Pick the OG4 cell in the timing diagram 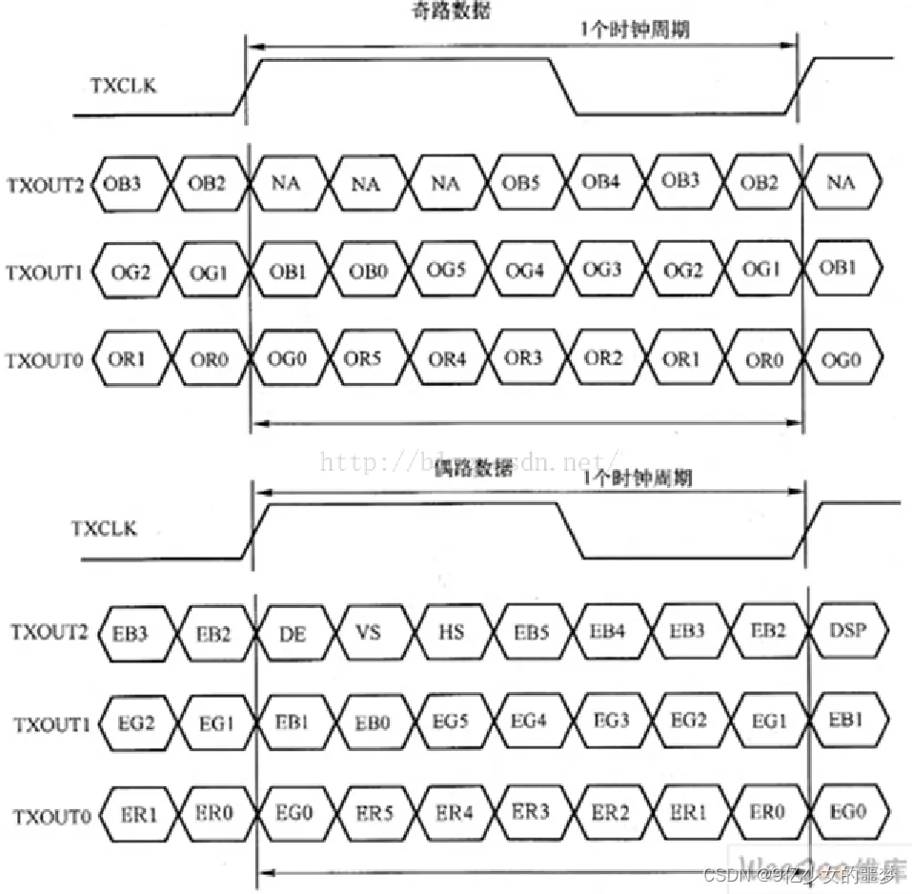(x=524, y=270)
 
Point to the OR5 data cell (x=367, y=360)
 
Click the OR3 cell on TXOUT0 (x=524, y=360)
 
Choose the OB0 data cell (x=367, y=270)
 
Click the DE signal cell (x=294, y=632)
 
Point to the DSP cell (x=846, y=632)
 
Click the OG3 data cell (x=602, y=270)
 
